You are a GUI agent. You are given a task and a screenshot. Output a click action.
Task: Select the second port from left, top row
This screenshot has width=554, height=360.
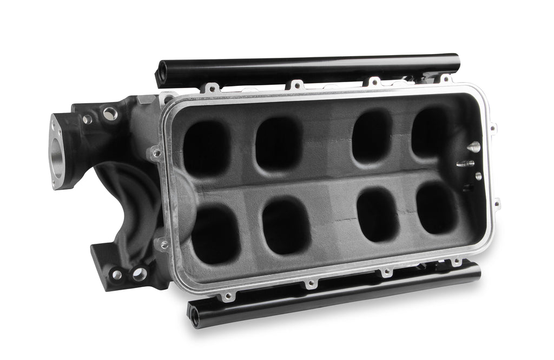point(278,144)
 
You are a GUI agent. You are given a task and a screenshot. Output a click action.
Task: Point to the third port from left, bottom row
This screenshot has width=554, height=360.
point(378,215)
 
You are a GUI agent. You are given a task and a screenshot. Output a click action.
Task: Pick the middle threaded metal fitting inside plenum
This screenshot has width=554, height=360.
point(465,163)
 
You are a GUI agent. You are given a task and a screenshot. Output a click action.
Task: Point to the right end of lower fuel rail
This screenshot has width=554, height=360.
point(476,270)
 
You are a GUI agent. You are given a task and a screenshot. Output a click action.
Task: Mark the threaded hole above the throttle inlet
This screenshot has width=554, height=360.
point(110,113)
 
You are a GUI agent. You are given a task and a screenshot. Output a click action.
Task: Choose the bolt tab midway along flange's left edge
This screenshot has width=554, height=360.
point(157,154)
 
